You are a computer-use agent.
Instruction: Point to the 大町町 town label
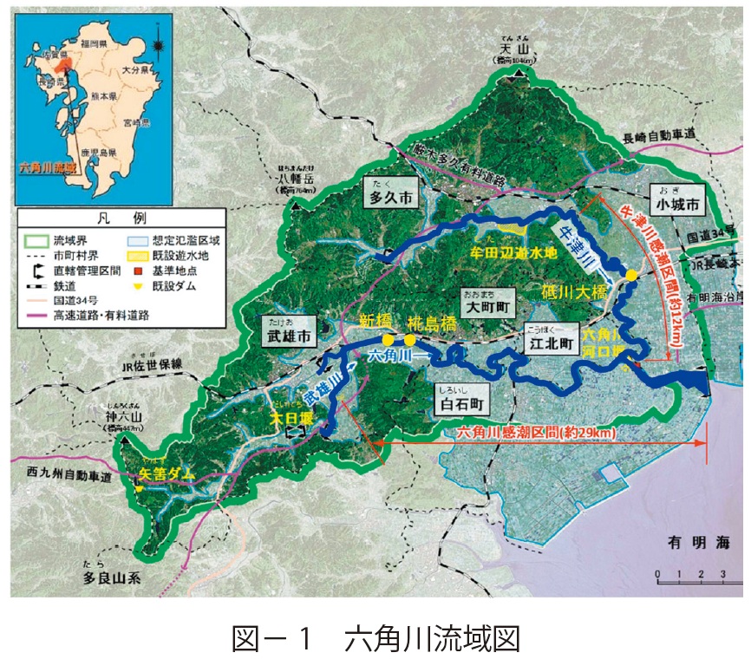[486, 307]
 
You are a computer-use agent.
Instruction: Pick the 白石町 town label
[460, 403]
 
